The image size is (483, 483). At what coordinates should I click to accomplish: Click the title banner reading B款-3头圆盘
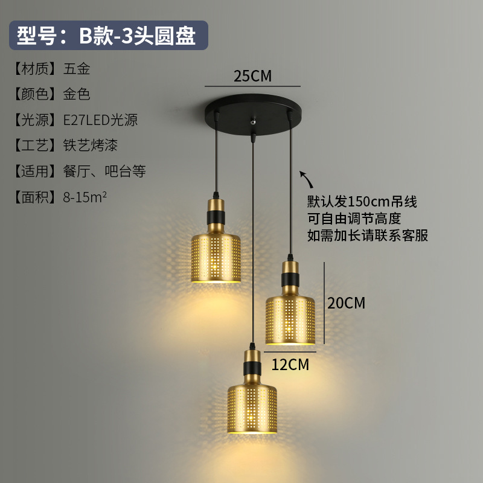pyautogui.click(x=107, y=36)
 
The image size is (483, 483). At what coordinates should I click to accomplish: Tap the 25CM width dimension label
pyautogui.click(x=252, y=76)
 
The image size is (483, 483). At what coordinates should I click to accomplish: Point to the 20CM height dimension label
pyautogui.click(x=347, y=302)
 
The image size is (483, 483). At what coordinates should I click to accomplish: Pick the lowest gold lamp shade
pyautogui.click(x=252, y=405)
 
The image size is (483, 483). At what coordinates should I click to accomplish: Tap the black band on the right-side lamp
pyautogui.click(x=290, y=280)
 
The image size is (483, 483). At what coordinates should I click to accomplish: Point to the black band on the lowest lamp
pyautogui.click(x=252, y=365)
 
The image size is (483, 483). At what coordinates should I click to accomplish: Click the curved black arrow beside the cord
pyautogui.click(x=307, y=178)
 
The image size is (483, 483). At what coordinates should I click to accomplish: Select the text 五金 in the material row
pyautogui.click(x=77, y=69)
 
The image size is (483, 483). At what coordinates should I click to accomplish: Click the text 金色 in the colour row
pyautogui.click(x=77, y=94)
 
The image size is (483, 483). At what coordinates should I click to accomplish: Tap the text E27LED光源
pyautogui.click(x=101, y=120)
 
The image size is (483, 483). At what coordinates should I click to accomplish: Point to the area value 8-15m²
pyautogui.click(x=85, y=197)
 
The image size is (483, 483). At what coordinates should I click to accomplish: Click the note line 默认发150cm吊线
pyautogui.click(x=362, y=201)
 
